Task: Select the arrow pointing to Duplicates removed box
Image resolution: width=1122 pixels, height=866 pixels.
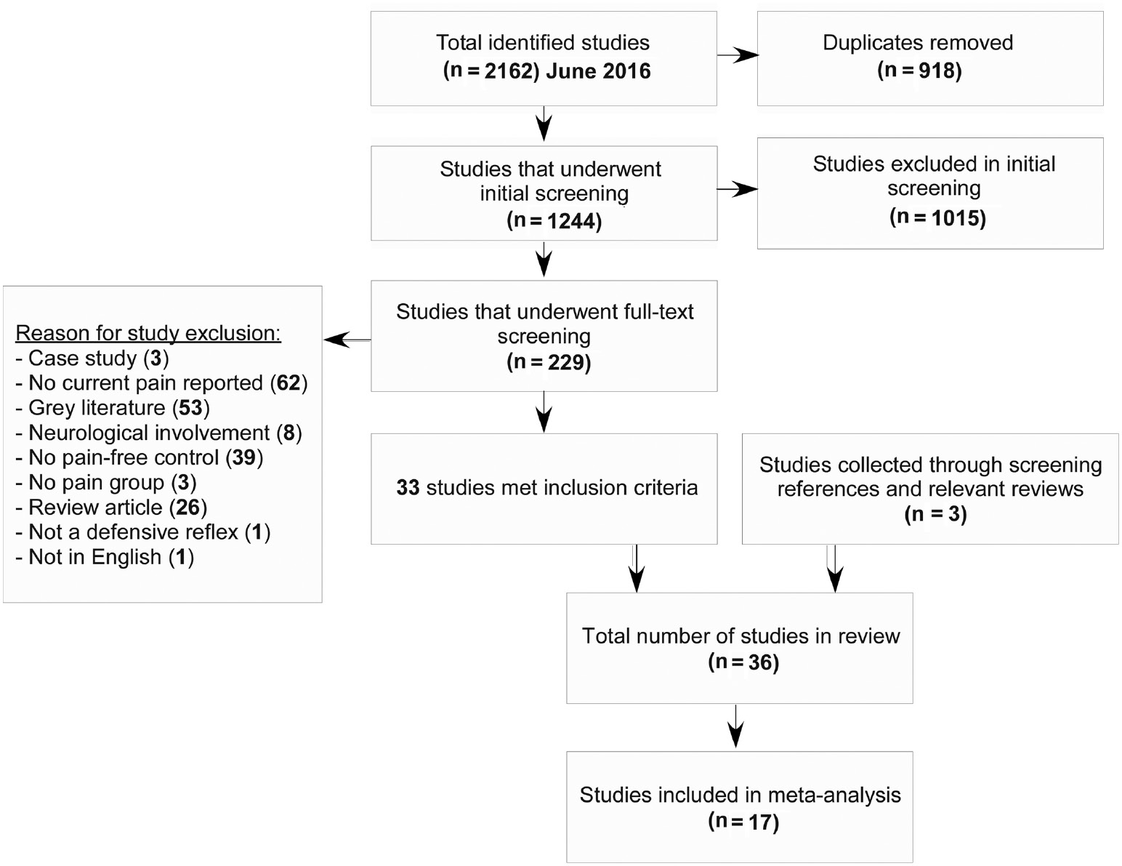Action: [x=738, y=55]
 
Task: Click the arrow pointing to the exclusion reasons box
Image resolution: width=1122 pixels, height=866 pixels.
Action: [x=347, y=340]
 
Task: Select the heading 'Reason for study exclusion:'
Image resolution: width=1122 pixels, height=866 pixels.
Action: [x=148, y=333]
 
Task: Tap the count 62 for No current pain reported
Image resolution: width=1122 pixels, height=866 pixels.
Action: [x=288, y=383]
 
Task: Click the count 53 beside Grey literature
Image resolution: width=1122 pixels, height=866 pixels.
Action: [x=190, y=408]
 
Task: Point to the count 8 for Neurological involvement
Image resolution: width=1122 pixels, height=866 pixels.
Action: [x=288, y=433]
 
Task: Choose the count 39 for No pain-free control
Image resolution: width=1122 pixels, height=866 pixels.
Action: [x=243, y=457]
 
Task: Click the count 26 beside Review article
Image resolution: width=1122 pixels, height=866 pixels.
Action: [x=188, y=507]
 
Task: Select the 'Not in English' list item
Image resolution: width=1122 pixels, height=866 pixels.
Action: [x=104, y=557]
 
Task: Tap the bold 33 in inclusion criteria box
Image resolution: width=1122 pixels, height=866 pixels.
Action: [x=408, y=488]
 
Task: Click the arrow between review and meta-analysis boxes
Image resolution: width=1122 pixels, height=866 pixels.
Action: [x=736, y=726]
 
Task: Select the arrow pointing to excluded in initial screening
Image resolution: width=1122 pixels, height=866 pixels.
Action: [x=738, y=190]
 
